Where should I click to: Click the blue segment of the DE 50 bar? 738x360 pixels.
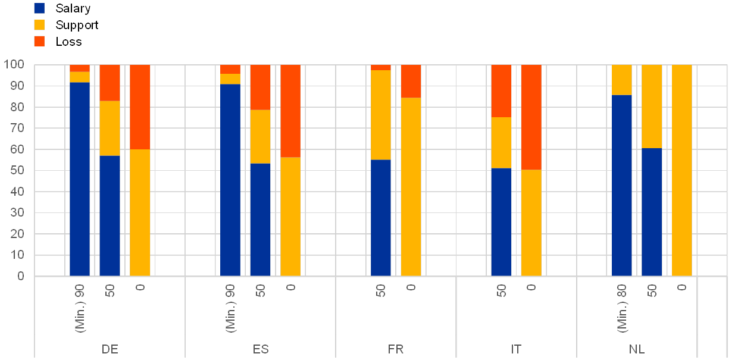click(x=110, y=215)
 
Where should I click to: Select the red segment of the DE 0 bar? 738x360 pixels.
click(x=140, y=107)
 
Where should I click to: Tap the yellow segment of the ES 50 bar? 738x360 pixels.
click(x=260, y=136)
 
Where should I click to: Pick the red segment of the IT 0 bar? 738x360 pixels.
click(x=531, y=117)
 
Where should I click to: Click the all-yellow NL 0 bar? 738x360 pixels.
click(x=682, y=170)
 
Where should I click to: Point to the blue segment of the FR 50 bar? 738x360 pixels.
click(x=381, y=218)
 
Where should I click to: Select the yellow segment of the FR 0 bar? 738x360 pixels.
click(x=411, y=187)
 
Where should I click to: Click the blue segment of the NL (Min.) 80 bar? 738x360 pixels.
click(x=622, y=185)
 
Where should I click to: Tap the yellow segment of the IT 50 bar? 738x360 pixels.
click(x=501, y=143)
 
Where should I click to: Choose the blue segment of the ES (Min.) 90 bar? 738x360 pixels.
click(x=230, y=180)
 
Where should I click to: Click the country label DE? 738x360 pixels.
click(x=110, y=349)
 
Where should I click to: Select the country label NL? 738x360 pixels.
click(x=637, y=349)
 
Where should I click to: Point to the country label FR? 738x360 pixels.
click(x=396, y=349)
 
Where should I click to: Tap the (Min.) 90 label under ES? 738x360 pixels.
click(x=230, y=308)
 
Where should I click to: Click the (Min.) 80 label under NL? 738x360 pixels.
click(x=622, y=308)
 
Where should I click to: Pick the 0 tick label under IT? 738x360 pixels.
click(x=531, y=287)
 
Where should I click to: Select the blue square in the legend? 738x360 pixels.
click(x=39, y=8)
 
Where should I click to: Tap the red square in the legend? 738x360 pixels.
click(x=39, y=41)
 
